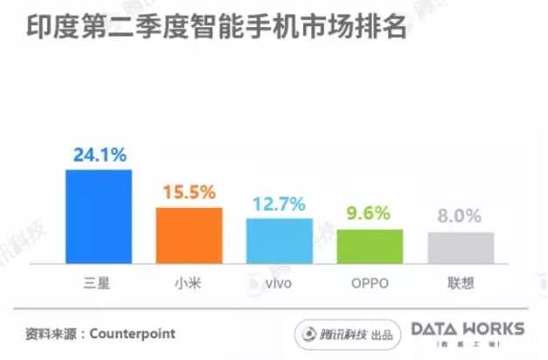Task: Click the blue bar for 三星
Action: [99, 216]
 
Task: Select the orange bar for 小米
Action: [189, 235]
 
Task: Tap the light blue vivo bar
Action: [280, 240]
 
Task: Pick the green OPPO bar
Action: [370, 246]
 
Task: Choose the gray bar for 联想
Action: [461, 247]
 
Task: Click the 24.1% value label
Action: [100, 156]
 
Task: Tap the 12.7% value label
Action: [280, 204]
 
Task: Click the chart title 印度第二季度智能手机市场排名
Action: [215, 26]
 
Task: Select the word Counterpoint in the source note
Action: [133, 334]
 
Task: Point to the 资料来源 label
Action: [52, 334]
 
